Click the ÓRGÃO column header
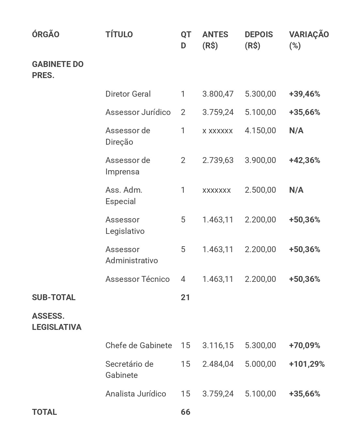pyautogui.click(x=46, y=35)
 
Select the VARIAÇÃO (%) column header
pyautogui.click(x=309, y=40)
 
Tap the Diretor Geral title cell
pyautogui.click(x=128, y=94)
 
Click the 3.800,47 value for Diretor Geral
pyautogui.click(x=218, y=94)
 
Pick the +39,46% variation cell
pyautogui.click(x=305, y=94)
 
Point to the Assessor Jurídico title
pyautogui.click(x=138, y=112)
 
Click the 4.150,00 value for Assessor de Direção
pyautogui.click(x=260, y=131)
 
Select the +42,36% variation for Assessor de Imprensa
pyautogui.click(x=305, y=160)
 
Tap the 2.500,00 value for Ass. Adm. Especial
pyautogui.click(x=260, y=190)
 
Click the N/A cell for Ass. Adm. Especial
pyautogui.click(x=296, y=190)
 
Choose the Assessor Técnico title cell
pyautogui.click(x=137, y=279)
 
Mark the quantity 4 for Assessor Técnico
pyautogui.click(x=183, y=279)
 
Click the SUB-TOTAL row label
pyautogui.click(x=54, y=298)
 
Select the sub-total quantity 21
pyautogui.click(x=185, y=298)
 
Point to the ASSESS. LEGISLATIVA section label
pyautogui.click(x=56, y=322)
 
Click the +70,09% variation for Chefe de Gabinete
pyautogui.click(x=305, y=346)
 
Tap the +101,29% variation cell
pyautogui.click(x=307, y=364)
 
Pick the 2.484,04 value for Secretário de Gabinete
pyautogui.click(x=218, y=364)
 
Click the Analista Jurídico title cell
pyautogui.click(x=135, y=394)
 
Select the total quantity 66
pyautogui.click(x=185, y=412)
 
